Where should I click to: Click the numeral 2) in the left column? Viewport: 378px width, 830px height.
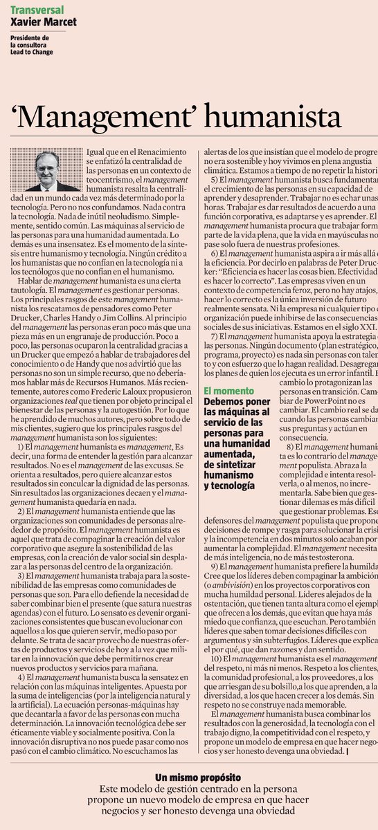point(21,510)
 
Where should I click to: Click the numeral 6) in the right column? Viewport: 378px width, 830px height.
point(215,254)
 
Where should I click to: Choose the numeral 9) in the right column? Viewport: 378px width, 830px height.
point(215,566)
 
